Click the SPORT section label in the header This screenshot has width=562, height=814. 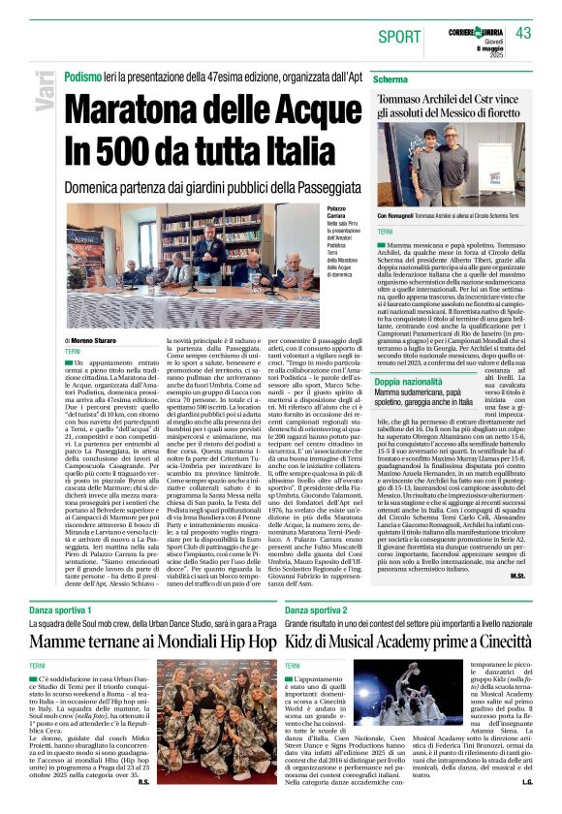400,37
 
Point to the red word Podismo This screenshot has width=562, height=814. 83,77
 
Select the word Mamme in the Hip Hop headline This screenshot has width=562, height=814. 65,641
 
